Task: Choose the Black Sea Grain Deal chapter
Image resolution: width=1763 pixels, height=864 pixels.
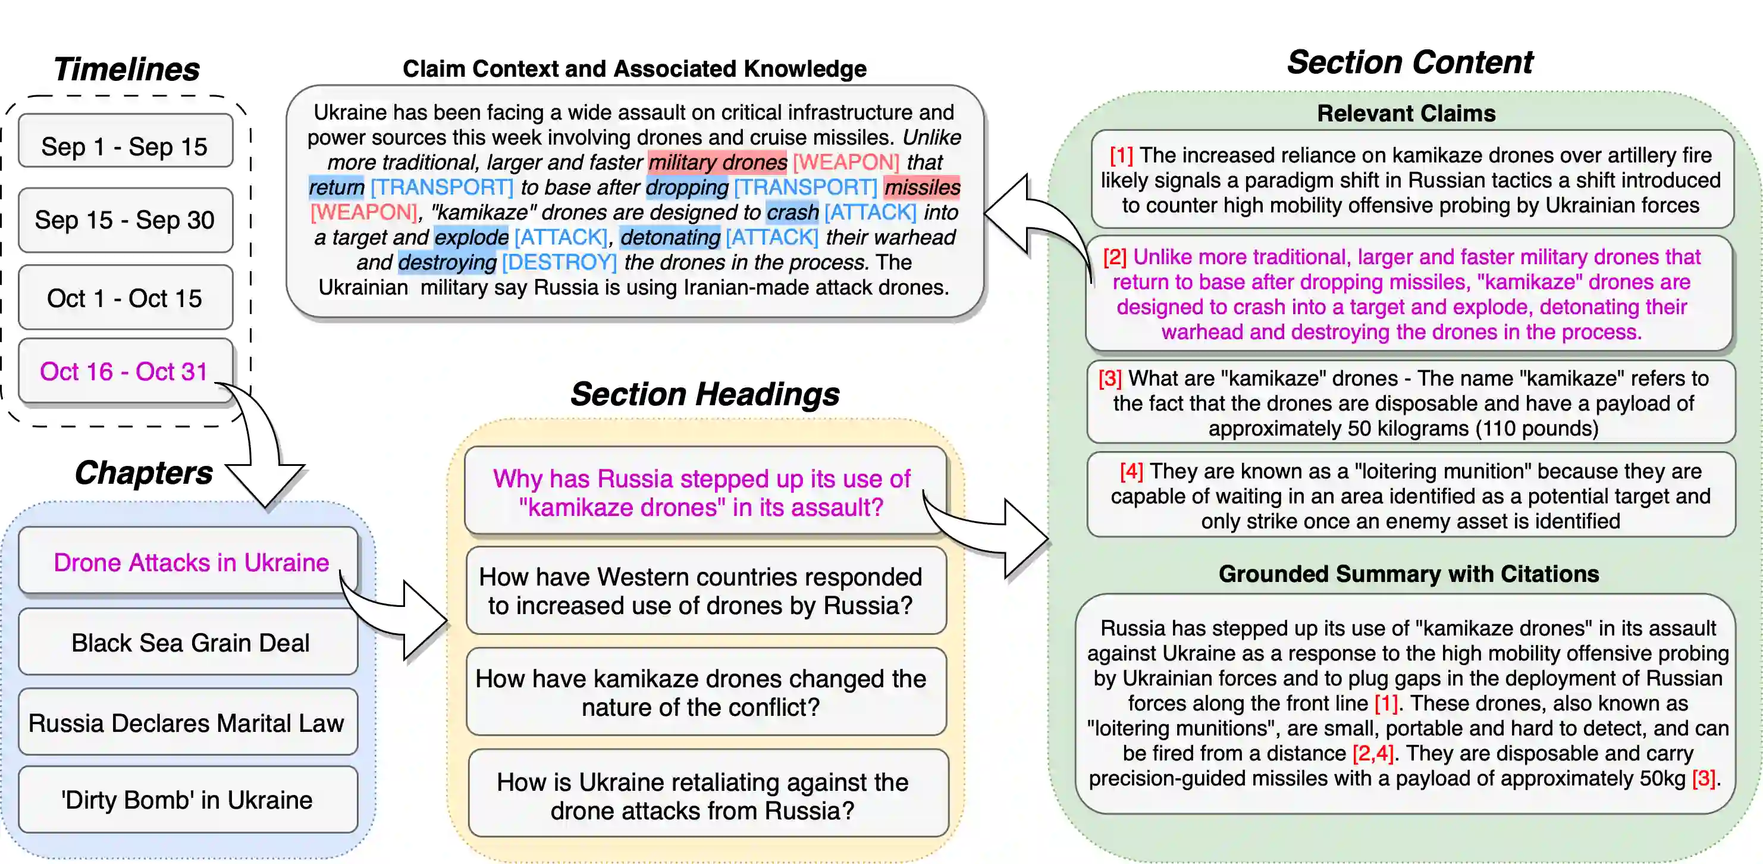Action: pos(190,642)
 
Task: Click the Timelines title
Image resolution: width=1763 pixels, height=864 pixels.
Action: pos(127,68)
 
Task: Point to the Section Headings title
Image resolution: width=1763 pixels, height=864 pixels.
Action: pos(705,394)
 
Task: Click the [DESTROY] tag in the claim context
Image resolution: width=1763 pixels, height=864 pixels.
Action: pos(559,262)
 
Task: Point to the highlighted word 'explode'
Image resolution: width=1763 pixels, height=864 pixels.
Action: pos(471,237)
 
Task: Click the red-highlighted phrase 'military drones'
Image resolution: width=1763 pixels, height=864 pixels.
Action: pos(717,162)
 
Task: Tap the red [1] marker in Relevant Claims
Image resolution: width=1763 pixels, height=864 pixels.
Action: pos(1121,155)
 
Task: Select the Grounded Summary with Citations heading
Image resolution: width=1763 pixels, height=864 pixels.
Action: pos(1408,574)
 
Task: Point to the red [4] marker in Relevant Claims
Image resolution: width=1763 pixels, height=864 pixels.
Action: pos(1131,471)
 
